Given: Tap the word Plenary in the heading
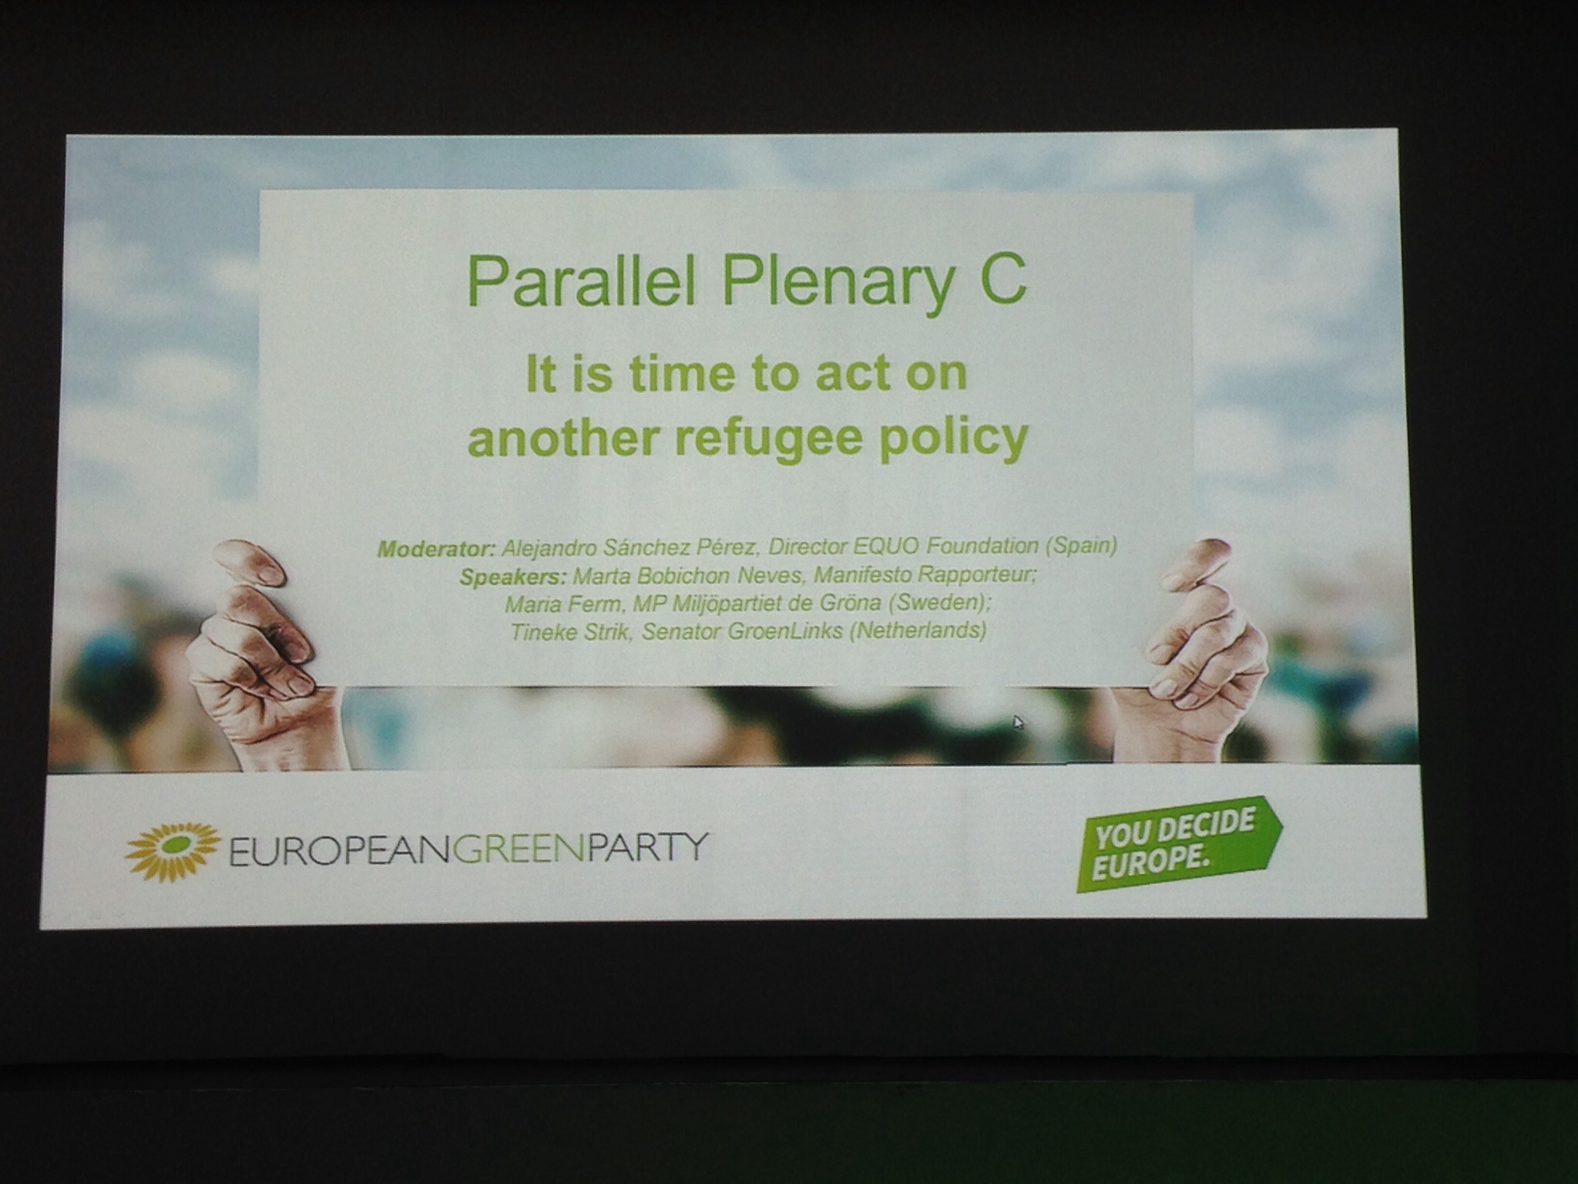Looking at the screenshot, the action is tap(838, 284).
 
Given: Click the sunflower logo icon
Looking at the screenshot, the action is tap(173, 852).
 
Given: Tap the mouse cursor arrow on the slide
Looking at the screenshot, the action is tap(1019, 722).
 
